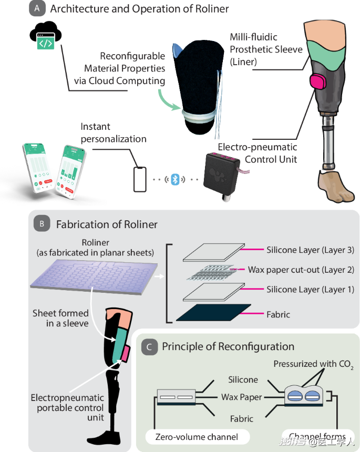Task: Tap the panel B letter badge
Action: click(x=41, y=224)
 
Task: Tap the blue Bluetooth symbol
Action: click(x=176, y=179)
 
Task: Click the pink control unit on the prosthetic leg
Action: click(x=317, y=83)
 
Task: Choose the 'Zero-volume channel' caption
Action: click(x=197, y=436)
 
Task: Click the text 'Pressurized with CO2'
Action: click(x=312, y=364)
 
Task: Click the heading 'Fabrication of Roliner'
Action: click(x=107, y=224)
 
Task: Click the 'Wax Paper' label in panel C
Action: click(x=241, y=397)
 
